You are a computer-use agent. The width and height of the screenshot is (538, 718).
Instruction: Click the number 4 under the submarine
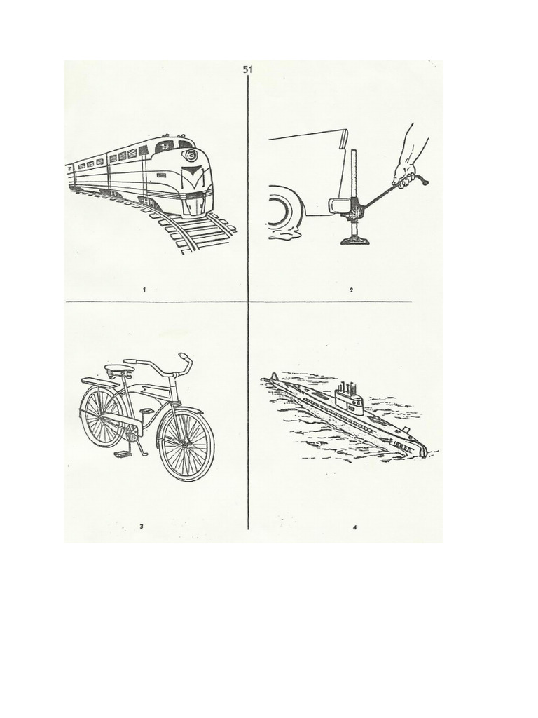pos(355,527)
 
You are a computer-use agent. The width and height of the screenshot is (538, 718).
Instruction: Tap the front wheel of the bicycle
pos(186,445)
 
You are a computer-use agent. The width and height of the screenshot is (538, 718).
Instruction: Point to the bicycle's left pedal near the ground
pos(123,454)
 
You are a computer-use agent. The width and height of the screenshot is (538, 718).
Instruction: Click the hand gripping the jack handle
pos(407,173)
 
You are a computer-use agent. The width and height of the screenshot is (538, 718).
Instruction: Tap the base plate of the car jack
pos(356,241)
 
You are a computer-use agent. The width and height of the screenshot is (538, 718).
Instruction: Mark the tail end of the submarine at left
pos(273,379)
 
